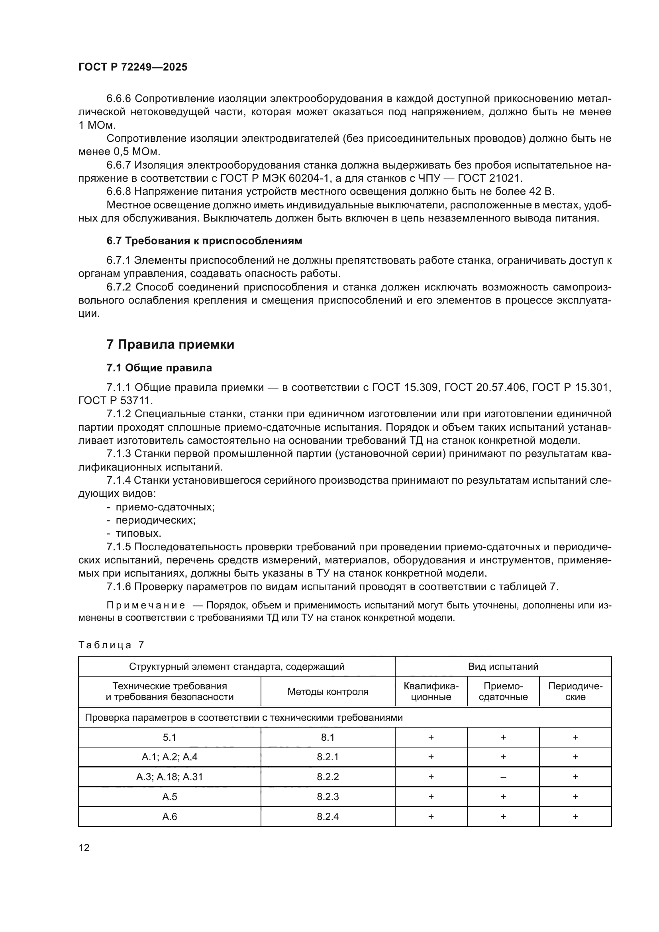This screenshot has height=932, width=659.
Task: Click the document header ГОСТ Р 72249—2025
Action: tap(133, 67)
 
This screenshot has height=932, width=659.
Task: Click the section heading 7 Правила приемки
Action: tap(170, 345)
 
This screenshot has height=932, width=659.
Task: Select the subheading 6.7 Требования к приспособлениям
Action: tap(204, 241)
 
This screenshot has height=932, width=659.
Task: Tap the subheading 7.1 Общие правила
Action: tap(159, 368)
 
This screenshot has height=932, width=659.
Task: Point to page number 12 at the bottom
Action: tap(84, 848)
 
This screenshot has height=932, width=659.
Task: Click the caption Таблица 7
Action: tap(111, 645)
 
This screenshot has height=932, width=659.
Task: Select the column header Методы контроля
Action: tap(328, 692)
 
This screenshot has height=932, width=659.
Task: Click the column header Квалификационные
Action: tap(431, 692)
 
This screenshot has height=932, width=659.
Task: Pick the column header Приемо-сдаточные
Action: tap(503, 692)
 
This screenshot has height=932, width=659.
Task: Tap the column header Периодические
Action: tap(575, 692)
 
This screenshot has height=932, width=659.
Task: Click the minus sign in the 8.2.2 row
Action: tap(503, 777)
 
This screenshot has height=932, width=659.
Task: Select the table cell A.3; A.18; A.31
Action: tap(170, 777)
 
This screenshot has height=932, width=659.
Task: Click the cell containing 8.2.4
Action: tap(328, 816)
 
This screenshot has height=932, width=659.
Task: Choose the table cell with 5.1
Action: tap(170, 737)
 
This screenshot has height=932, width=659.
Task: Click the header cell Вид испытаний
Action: tap(503, 667)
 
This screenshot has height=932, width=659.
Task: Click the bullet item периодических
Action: tap(156, 520)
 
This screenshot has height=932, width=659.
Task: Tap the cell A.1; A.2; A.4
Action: tap(170, 757)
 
